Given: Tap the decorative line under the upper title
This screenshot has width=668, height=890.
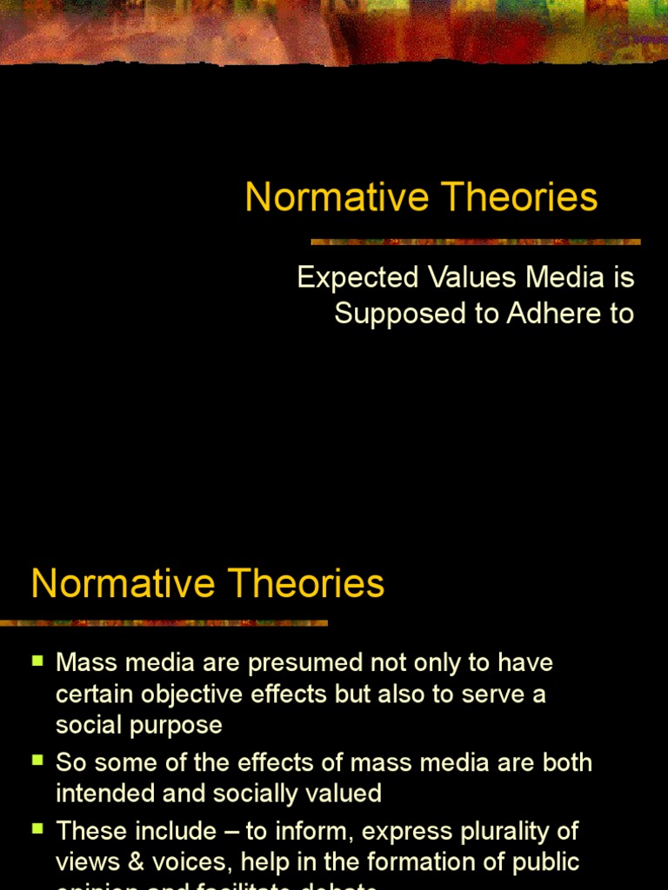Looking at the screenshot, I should pyautogui.click(x=476, y=242).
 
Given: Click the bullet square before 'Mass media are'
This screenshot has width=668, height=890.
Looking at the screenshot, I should pyautogui.click(x=37, y=661).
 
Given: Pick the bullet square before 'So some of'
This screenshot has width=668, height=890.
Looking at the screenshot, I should pyautogui.click(x=37, y=760).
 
